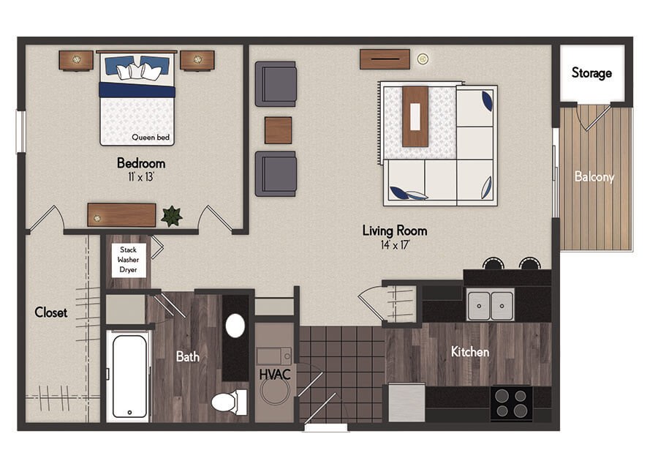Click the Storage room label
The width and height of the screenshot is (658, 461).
point(591,73)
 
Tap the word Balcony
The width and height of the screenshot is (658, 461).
point(594,177)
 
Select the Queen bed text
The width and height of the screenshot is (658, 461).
point(151,138)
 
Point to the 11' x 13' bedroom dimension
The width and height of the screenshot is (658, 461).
point(141,177)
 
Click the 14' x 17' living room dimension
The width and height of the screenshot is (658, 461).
point(395,245)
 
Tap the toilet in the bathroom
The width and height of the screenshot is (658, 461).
point(230,402)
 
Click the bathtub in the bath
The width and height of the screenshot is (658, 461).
point(129,376)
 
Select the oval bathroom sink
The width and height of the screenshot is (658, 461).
point(235,326)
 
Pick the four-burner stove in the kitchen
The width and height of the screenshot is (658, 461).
point(511,403)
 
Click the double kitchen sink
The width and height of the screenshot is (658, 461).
point(490,304)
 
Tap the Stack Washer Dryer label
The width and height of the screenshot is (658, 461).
point(129,260)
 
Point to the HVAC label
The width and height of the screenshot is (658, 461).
point(275,374)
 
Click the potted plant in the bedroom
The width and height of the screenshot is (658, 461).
point(172,216)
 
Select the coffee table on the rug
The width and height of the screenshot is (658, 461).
point(415,117)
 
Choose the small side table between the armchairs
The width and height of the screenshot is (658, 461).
point(279,130)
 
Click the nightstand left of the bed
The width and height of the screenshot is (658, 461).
point(76,60)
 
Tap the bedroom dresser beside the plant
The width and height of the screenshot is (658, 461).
point(121,215)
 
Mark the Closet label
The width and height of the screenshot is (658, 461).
point(50,312)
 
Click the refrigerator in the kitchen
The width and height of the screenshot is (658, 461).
point(406,402)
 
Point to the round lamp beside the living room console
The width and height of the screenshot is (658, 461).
point(423,59)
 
